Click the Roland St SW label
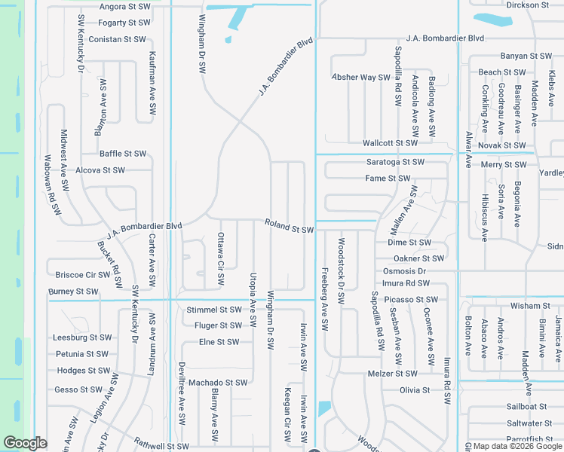click(x=289, y=225)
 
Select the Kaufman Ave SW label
click(x=152, y=83)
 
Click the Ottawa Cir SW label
click(x=221, y=258)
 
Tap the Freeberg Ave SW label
click(x=325, y=300)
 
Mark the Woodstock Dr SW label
click(x=341, y=271)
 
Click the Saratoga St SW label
click(x=395, y=162)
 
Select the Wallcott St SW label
click(x=390, y=143)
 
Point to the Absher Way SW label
click(x=361, y=78)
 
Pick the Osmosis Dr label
click(x=404, y=271)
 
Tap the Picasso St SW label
click(x=410, y=300)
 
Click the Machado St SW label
click(x=218, y=383)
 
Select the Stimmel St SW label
click(x=213, y=310)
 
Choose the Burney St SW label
click(x=73, y=292)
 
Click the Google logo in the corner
click(x=24, y=443)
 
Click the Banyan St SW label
click(x=526, y=56)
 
